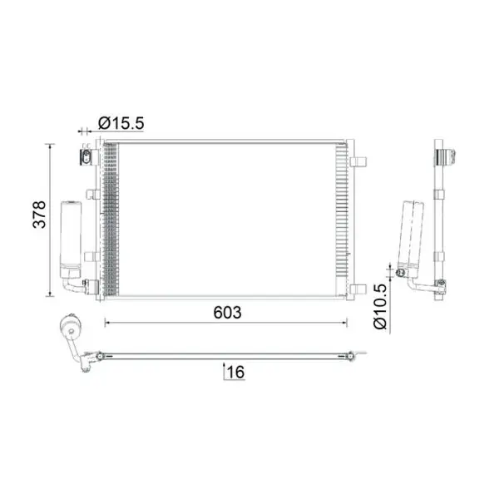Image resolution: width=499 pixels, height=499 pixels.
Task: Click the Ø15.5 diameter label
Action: pos(121,123)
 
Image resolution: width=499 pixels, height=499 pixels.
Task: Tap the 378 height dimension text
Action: pos(40,215)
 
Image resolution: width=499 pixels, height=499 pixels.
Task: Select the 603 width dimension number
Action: pos(227,313)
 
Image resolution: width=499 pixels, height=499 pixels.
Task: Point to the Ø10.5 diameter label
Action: pos(381,306)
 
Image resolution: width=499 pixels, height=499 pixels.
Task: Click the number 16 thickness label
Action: pos(236,372)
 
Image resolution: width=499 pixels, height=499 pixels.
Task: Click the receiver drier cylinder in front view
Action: pos(71,239)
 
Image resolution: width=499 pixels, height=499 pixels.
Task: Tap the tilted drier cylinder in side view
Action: pos(411,235)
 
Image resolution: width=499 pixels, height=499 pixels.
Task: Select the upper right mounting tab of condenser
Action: pos(358,161)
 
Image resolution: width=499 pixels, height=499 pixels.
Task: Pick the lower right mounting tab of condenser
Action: pos(358,289)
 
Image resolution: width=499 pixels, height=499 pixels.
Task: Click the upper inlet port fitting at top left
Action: pos(86,157)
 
